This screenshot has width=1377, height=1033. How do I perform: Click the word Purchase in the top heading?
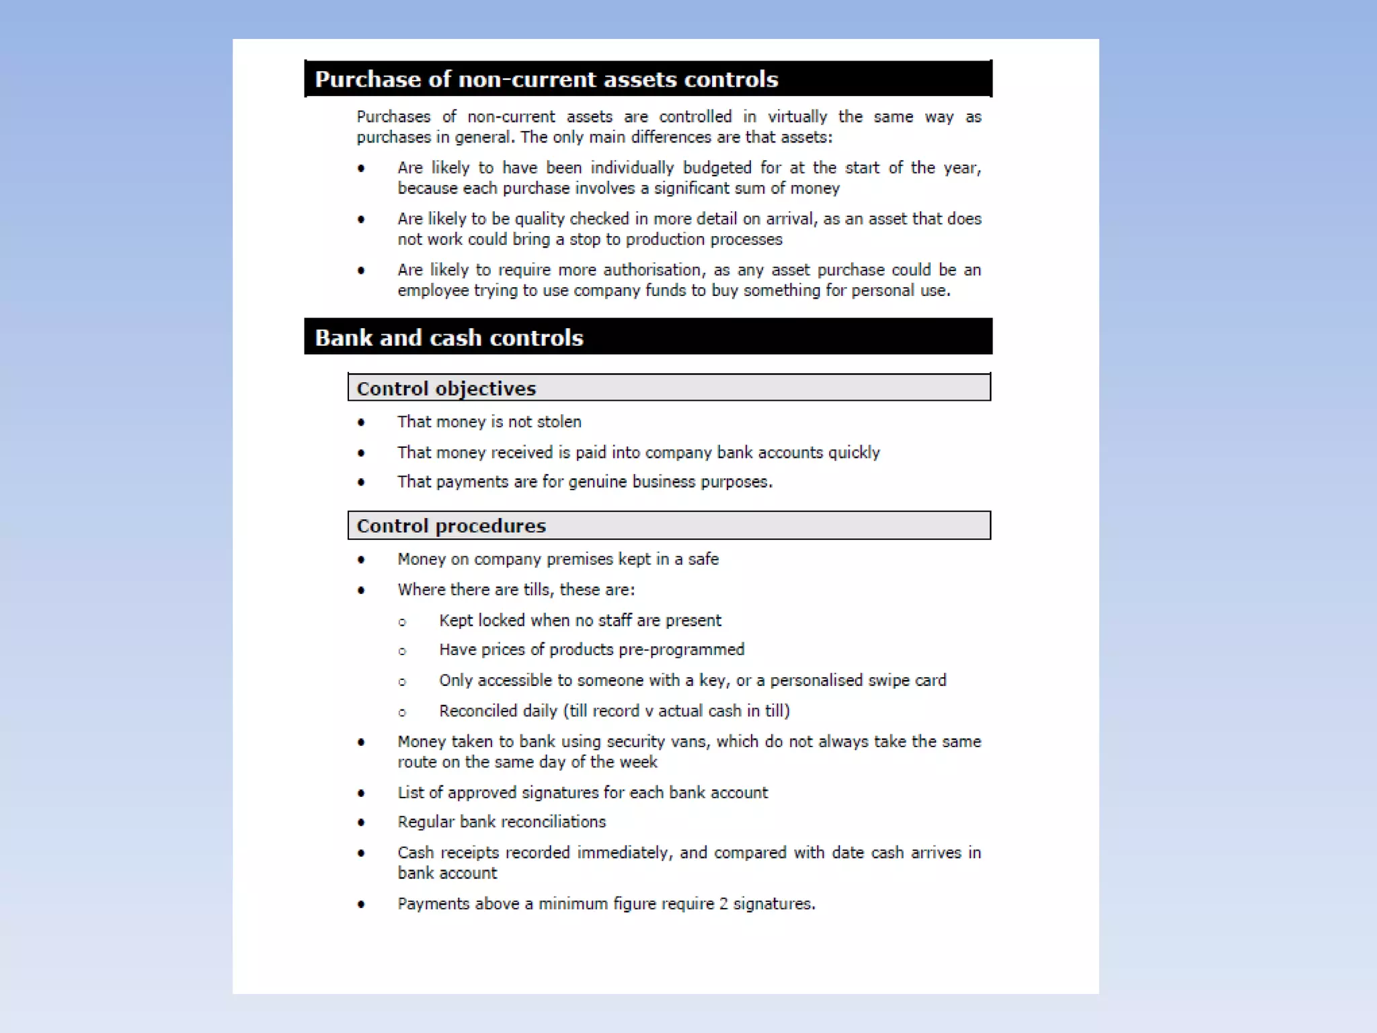(x=368, y=79)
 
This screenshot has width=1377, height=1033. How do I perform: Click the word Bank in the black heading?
(x=342, y=338)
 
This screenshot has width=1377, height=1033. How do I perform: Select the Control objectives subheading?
(x=446, y=389)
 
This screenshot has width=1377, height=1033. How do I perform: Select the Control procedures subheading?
(x=450, y=526)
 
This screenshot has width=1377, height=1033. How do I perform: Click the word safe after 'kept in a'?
(x=703, y=560)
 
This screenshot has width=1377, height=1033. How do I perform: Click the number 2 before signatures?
(x=723, y=904)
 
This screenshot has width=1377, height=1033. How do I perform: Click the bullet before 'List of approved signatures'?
(x=362, y=794)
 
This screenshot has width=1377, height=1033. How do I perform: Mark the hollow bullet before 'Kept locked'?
(x=402, y=622)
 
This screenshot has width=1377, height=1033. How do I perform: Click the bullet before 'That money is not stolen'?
(x=362, y=423)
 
